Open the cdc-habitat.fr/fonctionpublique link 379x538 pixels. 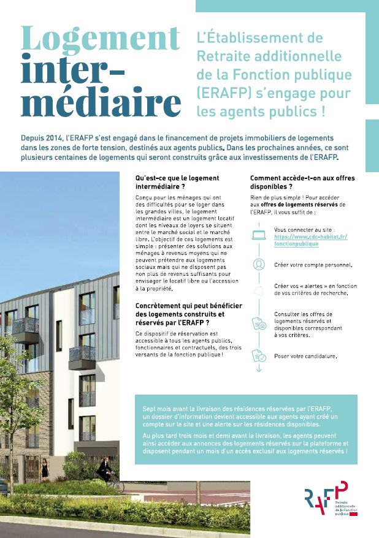click(x=310, y=240)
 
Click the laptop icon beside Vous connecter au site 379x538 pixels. click(x=259, y=235)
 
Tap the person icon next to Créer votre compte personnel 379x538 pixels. click(x=259, y=264)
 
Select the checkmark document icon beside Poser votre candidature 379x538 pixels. click(x=259, y=355)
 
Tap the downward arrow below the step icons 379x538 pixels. click(x=259, y=369)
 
